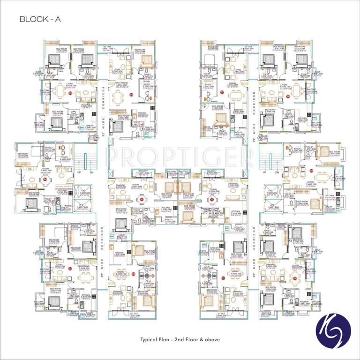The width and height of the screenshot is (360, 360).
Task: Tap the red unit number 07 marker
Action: pyautogui.click(x=222, y=92)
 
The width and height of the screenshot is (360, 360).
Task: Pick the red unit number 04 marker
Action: pyautogui.click(x=45, y=179)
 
